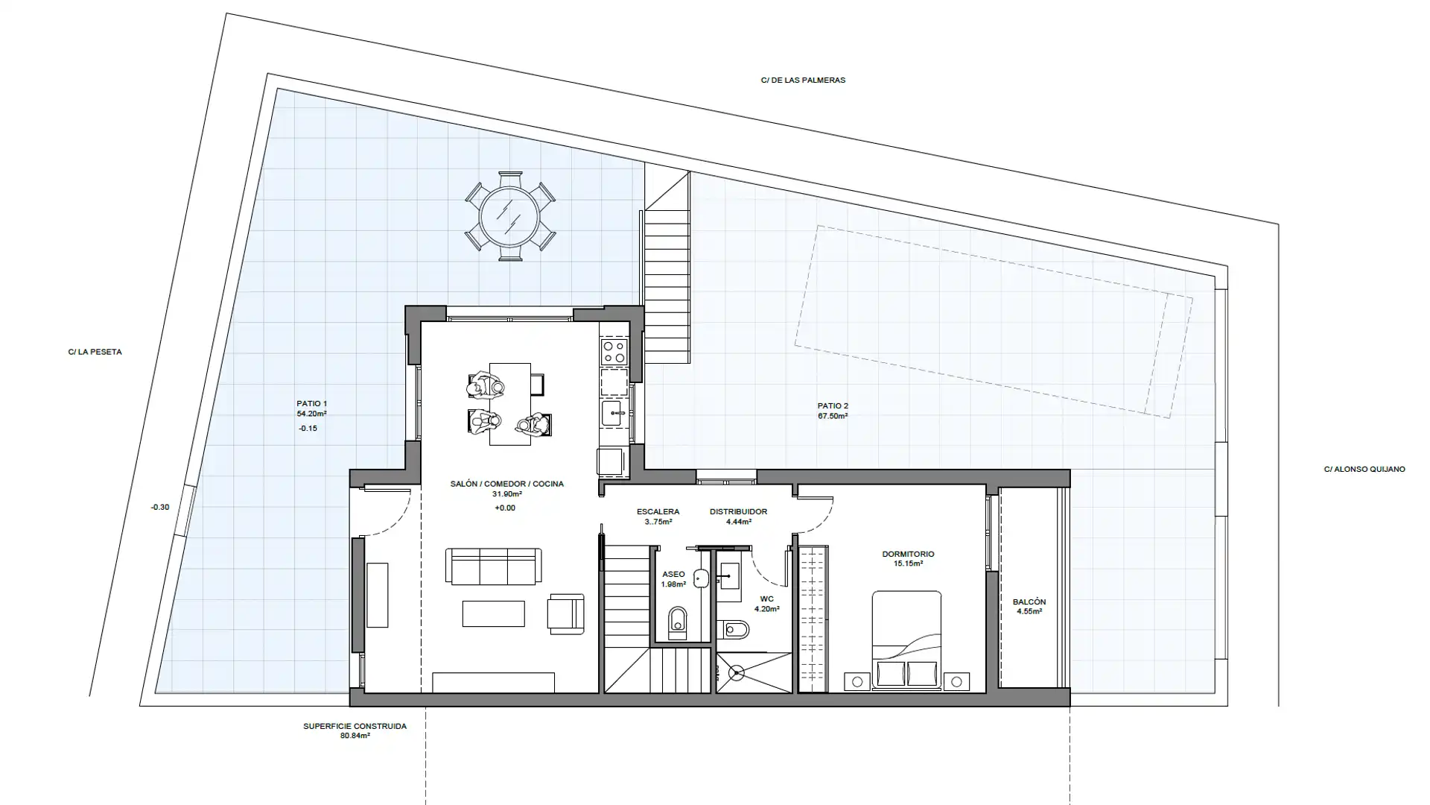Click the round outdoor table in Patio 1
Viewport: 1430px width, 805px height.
(x=510, y=216)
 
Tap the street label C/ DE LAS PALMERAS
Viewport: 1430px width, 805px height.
(x=803, y=80)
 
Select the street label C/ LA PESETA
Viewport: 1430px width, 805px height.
(x=95, y=352)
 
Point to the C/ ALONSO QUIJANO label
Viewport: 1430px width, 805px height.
(x=1364, y=470)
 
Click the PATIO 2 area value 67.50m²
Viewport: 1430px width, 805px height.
(x=833, y=416)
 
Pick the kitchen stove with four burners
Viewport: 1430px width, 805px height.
(x=614, y=352)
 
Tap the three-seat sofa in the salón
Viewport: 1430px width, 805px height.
(x=493, y=567)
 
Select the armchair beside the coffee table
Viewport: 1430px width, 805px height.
(x=565, y=614)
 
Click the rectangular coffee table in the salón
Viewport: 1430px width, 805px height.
(x=493, y=614)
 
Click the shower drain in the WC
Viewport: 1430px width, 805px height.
(x=736, y=673)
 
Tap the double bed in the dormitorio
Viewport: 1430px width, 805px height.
(x=906, y=640)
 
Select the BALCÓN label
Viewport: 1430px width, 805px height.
(x=1029, y=602)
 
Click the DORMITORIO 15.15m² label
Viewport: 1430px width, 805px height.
(x=908, y=559)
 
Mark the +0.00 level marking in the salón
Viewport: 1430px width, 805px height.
(x=504, y=508)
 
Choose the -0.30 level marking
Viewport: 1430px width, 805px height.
(x=159, y=508)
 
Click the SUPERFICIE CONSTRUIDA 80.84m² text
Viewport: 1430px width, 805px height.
(x=355, y=730)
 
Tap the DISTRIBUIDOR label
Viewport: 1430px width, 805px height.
(x=738, y=512)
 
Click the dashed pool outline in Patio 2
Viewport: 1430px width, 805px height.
(x=993, y=321)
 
